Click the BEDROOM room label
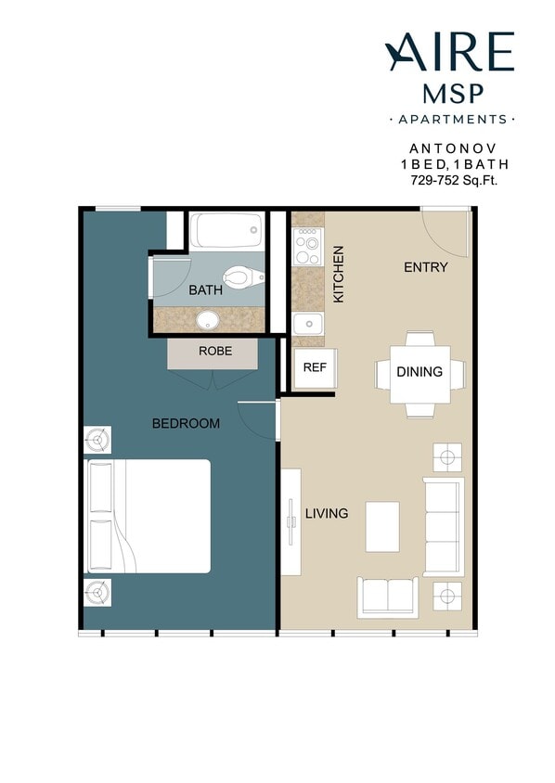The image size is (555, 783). (186, 424)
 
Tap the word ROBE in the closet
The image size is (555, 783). (214, 352)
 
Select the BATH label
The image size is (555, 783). (205, 290)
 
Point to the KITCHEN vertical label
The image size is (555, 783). (339, 274)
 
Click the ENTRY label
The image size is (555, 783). (426, 267)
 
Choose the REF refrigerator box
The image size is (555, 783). (315, 367)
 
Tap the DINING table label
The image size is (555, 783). (419, 372)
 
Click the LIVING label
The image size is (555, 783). (327, 513)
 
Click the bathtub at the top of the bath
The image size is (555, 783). (227, 231)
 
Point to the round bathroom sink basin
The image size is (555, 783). (208, 321)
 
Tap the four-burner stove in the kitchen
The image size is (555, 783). (307, 245)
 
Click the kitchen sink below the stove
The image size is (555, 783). (307, 324)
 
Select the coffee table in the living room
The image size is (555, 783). (381, 527)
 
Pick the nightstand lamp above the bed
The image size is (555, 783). (97, 439)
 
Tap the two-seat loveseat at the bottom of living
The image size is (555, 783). (388, 597)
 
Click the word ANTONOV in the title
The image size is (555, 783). (454, 148)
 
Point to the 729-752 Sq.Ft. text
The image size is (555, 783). (454, 181)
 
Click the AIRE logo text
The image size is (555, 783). (450, 53)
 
